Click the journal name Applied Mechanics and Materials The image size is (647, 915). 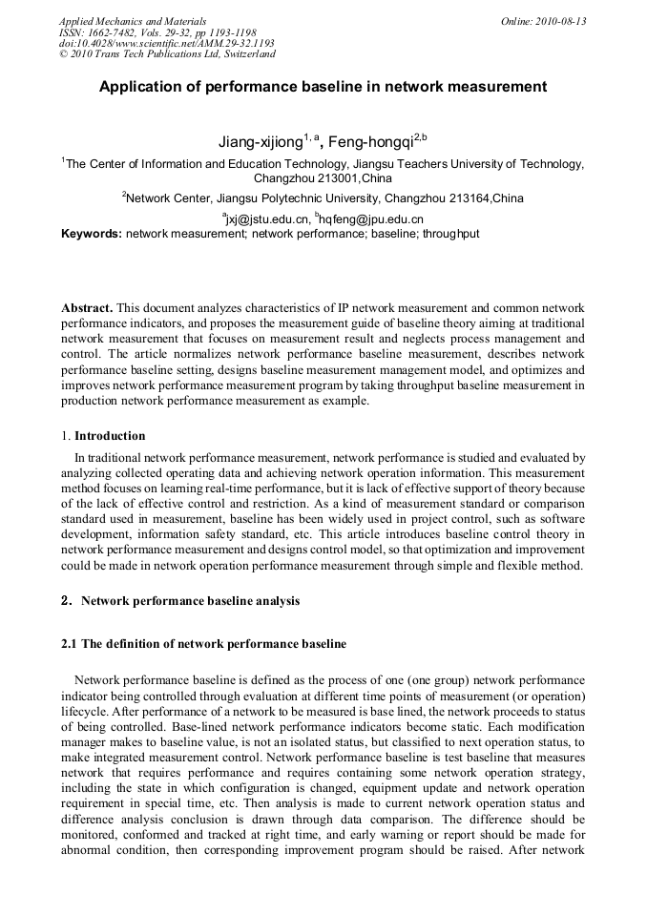pos(132,20)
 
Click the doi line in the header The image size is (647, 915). pos(166,43)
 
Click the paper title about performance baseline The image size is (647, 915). pos(323,86)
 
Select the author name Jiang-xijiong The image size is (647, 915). pos(260,142)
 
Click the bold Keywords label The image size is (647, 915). pos(92,233)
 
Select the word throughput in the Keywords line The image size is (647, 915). pos(450,233)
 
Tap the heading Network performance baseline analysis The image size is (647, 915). pos(190,601)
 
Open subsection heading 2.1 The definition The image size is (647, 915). pos(203,644)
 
